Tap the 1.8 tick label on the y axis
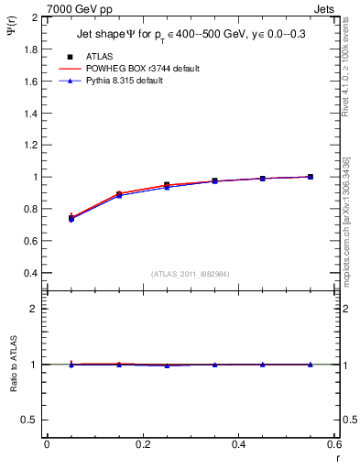29,49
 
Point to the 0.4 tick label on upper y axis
29,273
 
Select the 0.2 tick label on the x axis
143,444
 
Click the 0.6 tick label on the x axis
334,444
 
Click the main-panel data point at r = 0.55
311,177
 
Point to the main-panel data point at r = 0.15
119,194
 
